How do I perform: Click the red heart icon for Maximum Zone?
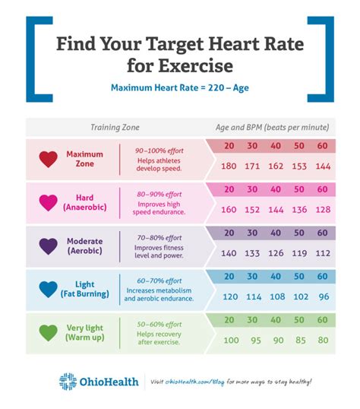[49, 159]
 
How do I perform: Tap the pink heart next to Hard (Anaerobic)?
[49, 202]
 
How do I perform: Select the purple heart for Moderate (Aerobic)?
[49, 246]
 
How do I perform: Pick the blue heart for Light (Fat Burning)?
[49, 289]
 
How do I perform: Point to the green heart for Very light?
[49, 332]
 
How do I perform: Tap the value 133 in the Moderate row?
[252, 253]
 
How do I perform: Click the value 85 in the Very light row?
[299, 340]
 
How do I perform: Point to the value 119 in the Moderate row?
[299, 253]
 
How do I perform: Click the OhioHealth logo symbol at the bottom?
[68, 382]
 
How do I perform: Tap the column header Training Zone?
[115, 127]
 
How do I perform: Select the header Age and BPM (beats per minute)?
[270, 127]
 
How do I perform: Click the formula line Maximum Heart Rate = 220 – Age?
[179, 87]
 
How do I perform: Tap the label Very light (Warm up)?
[84, 332]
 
